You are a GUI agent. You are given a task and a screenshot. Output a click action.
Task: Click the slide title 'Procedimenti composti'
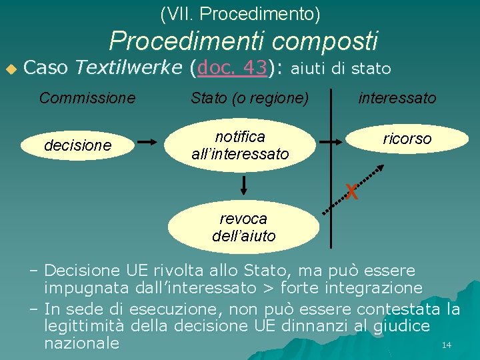tap(243, 41)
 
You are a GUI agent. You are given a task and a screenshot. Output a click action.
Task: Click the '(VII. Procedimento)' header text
tap(240, 13)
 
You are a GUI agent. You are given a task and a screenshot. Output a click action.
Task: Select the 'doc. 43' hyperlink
tap(233, 67)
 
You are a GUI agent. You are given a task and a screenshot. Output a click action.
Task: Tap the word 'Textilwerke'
tap(128, 67)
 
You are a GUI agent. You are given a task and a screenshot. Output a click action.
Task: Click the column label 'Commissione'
tap(87, 98)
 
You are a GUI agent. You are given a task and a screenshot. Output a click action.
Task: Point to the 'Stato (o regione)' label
tap(249, 99)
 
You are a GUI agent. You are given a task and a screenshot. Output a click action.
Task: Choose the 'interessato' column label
tap(397, 98)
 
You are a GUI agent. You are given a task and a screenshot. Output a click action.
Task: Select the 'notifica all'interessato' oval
tap(240, 145)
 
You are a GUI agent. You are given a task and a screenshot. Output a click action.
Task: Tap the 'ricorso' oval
tap(407, 139)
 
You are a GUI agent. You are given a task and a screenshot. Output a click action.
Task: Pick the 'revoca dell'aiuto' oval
tap(243, 227)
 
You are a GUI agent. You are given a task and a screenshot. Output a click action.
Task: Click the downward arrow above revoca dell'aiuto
tap(244, 184)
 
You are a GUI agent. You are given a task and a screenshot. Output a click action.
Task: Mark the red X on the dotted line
tap(352, 192)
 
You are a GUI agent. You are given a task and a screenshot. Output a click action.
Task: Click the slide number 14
tap(447, 345)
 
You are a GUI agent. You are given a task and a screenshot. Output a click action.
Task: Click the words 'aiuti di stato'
tap(341, 68)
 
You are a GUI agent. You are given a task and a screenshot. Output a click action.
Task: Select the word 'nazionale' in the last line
tap(81, 343)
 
